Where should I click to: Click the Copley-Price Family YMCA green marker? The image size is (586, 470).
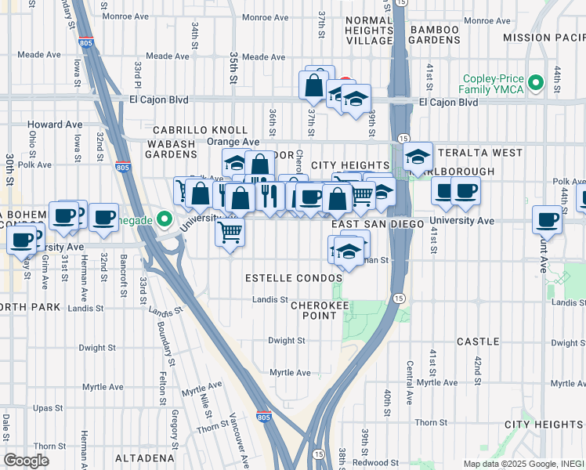pyautogui.click(x=536, y=82)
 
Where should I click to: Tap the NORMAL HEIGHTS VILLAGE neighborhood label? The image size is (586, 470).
pyautogui.click(x=368, y=30)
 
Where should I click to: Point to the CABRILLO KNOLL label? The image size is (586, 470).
pyautogui.click(x=200, y=130)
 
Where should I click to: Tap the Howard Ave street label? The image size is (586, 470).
pyautogui.click(x=55, y=125)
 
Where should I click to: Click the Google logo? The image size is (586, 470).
pyautogui.click(x=26, y=461)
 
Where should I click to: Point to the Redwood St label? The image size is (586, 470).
pyautogui.click(x=371, y=462)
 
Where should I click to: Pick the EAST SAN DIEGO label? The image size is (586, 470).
pyautogui.click(x=377, y=224)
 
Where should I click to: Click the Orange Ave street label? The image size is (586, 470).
pyautogui.click(x=233, y=142)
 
